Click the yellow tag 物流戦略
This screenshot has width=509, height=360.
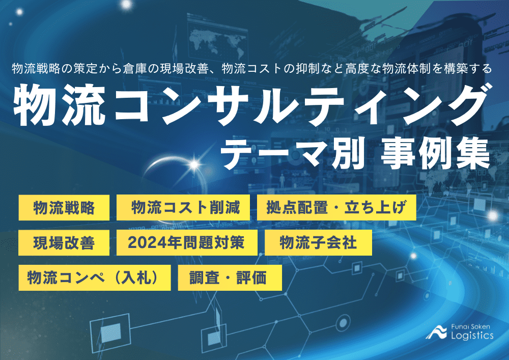pos(64,208)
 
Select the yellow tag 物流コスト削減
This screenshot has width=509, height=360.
pos(183,208)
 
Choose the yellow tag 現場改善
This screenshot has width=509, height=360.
pos(64,243)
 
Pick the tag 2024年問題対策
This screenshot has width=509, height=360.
pos(186,243)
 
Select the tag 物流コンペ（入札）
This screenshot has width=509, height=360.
pos(98,278)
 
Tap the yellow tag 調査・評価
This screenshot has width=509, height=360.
pos(230,278)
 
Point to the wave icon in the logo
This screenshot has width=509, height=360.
pos(436,331)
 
